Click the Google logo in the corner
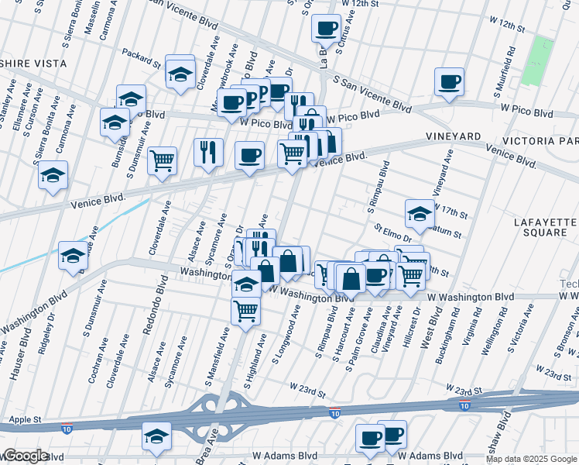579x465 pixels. tap(25, 456)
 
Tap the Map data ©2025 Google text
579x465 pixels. tap(532, 460)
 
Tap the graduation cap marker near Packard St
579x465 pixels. tap(180, 74)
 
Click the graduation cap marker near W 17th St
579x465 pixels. tap(420, 213)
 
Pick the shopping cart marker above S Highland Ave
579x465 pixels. tap(245, 310)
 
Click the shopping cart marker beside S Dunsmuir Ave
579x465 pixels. tap(163, 160)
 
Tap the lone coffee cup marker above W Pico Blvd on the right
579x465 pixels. tap(449, 81)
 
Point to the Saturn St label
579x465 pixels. tap(448, 233)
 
